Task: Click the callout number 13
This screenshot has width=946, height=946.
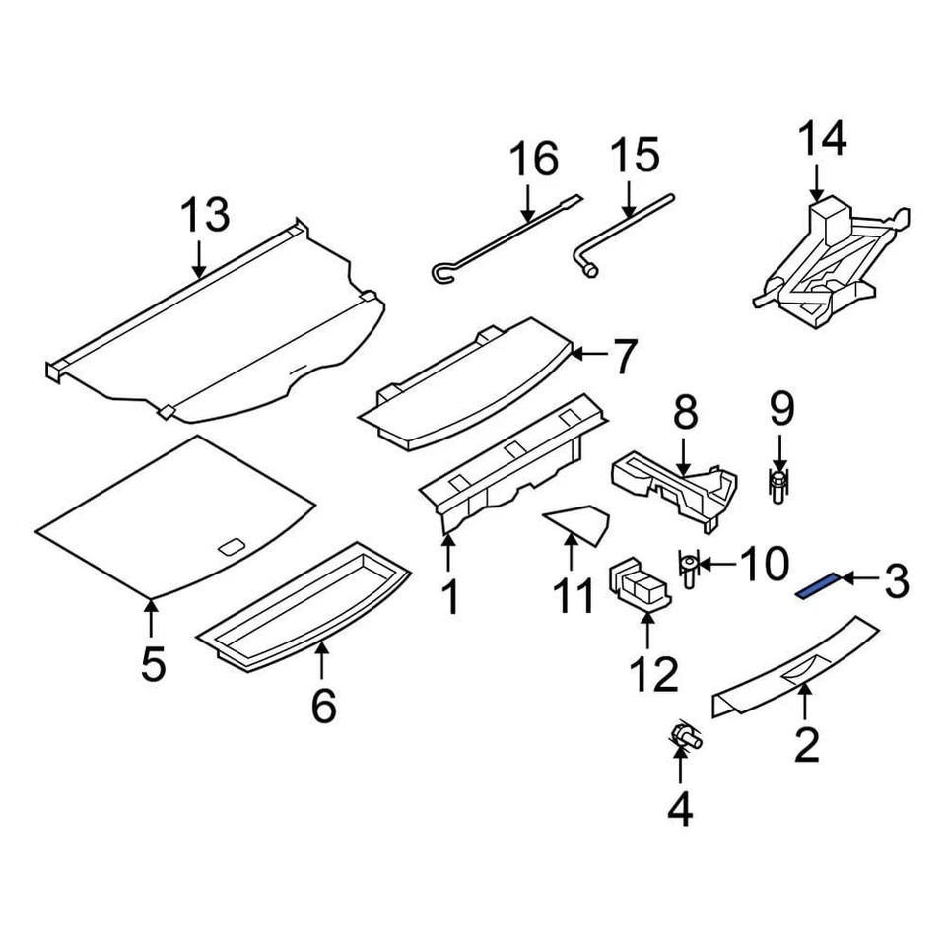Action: coord(204,216)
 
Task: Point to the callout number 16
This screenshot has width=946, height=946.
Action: coord(533,160)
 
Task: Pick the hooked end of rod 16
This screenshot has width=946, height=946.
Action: coord(440,273)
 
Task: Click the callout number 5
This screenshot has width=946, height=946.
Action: coord(152,664)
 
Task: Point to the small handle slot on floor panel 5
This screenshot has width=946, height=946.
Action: coord(234,547)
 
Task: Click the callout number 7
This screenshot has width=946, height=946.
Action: coord(625,357)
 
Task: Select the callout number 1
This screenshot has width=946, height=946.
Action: coord(449,597)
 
